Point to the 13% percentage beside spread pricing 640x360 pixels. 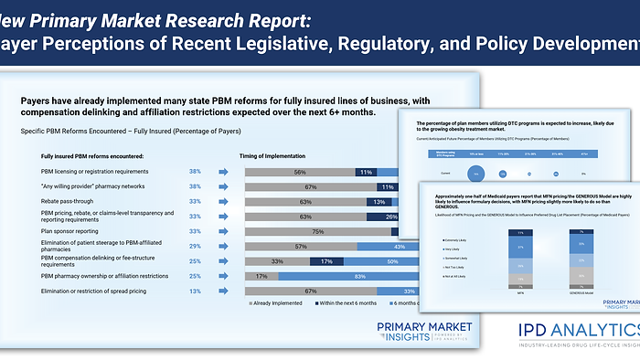(x=195, y=291)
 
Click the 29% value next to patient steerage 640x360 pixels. (x=195, y=247)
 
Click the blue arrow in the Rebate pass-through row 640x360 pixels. (x=223, y=202)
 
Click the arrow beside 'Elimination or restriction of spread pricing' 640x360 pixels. (x=223, y=291)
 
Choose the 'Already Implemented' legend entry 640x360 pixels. (x=283, y=303)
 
